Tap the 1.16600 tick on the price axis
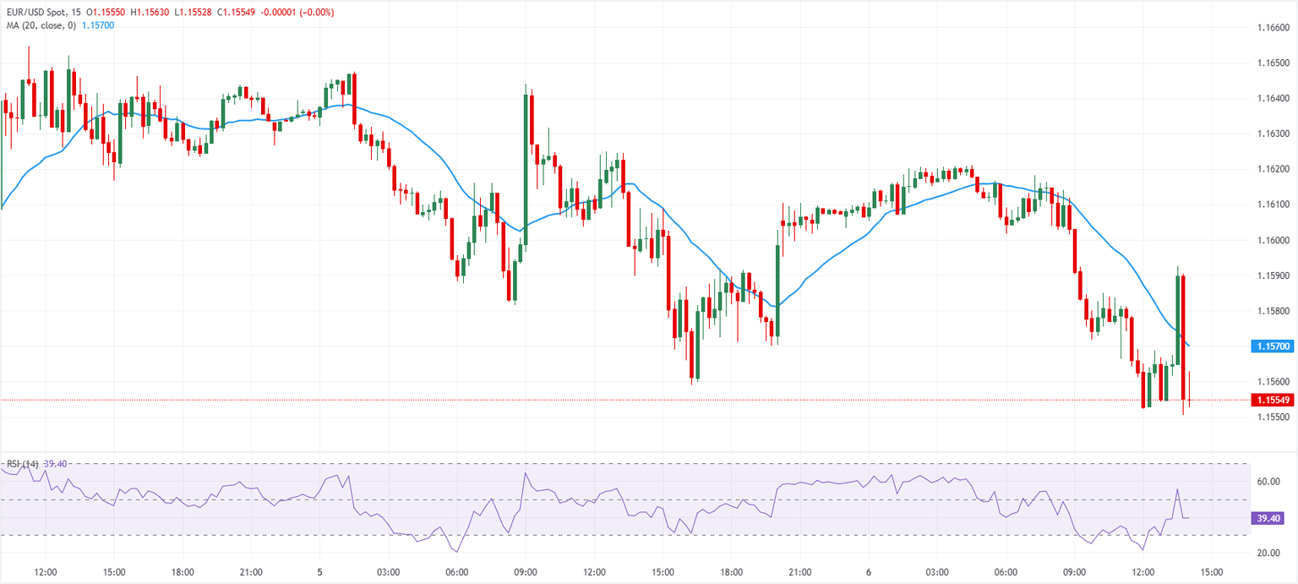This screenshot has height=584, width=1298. [1272, 28]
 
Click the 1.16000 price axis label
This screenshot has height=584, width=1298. [1272, 240]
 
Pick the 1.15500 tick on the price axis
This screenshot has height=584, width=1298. [1272, 418]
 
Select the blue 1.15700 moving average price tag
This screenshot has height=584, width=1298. [1272, 347]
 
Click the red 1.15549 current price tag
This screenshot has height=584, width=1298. [1272, 400]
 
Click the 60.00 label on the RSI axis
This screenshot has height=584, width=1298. [1267, 482]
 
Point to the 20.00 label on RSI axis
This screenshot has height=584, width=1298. [1267, 553]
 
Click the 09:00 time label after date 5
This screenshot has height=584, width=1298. [526, 572]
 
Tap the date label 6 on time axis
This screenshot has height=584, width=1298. [868, 572]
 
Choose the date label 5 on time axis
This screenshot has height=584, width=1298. [319, 572]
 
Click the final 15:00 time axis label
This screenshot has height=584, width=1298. [1211, 572]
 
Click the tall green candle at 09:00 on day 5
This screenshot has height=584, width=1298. [526, 169]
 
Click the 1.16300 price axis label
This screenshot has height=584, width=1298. [1272, 134]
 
